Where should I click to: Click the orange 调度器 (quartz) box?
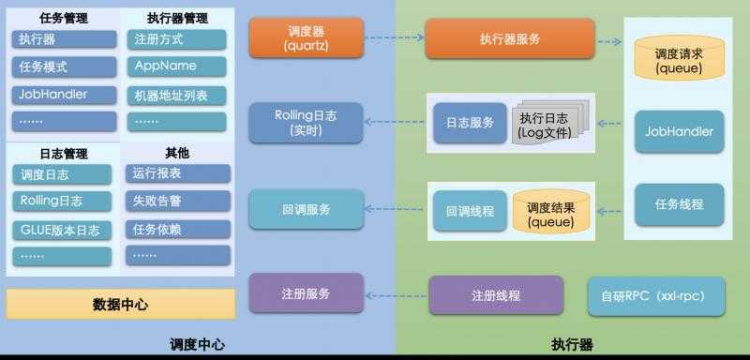coord(305,38)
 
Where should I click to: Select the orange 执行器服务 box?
coord(509,38)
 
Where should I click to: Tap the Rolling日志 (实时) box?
coord(305,123)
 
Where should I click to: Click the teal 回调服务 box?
coord(305,209)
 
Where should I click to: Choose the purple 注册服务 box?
coord(305,293)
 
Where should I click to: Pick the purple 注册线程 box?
coord(495,295)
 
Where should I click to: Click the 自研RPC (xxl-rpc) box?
coord(655,295)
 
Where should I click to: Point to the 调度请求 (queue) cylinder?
coord(674,56)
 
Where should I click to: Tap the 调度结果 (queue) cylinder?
coord(550,214)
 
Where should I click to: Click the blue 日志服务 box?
coord(470,123)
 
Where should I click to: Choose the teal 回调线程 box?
coord(470,212)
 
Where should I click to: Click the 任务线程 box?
coord(680,204)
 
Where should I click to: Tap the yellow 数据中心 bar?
coord(120,304)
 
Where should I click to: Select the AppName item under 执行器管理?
coord(177,67)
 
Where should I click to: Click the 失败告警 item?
coord(177,201)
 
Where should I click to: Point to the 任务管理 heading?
coord(64,17)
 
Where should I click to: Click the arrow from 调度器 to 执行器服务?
coord(392,38)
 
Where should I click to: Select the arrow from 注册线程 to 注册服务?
coord(396,295)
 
